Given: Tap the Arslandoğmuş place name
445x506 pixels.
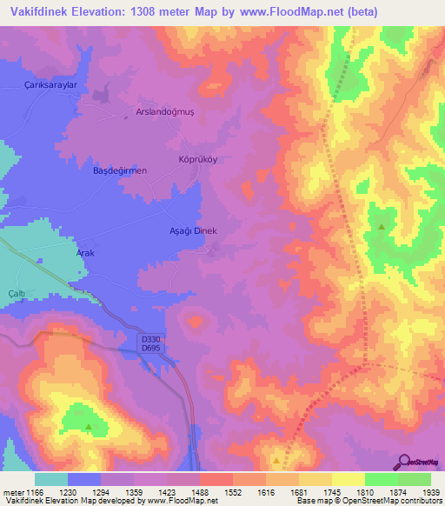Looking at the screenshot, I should pyautogui.click(x=162, y=111).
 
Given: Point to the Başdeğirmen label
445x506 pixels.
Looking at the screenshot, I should pyautogui.click(x=120, y=170).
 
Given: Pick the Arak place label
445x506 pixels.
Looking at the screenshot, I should pyautogui.click(x=85, y=252).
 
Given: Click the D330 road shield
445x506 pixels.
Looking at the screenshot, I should pyautogui.click(x=149, y=339).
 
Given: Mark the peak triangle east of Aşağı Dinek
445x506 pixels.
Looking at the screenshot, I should pyautogui.click(x=381, y=227).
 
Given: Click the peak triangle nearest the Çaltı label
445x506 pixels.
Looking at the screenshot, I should pyautogui.click(x=89, y=426).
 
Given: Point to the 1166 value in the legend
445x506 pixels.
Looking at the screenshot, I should pyautogui.click(x=28, y=492).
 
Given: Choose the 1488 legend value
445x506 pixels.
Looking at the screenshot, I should pyautogui.click(x=200, y=492).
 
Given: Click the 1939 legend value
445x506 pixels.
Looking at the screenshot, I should pyautogui.click(x=428, y=492).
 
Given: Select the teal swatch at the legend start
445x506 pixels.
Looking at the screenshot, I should pyautogui.click(x=51, y=479).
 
